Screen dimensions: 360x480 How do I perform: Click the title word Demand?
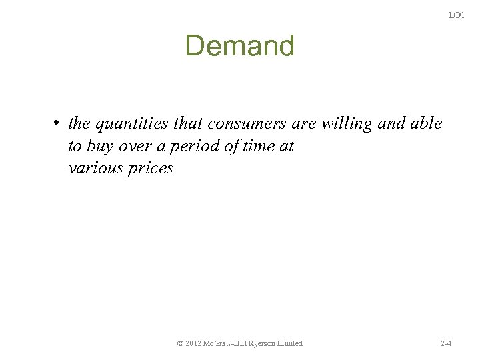coord(239,46)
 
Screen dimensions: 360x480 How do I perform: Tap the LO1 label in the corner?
coord(456,15)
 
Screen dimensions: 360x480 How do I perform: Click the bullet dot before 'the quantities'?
coord(59,124)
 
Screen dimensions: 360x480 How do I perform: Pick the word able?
coord(427,124)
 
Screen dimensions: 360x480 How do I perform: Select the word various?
coord(93,168)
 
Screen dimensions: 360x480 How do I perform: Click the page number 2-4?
coord(447,343)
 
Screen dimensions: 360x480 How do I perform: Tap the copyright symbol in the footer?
coord(181,343)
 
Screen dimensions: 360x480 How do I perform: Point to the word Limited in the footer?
coord(290,343)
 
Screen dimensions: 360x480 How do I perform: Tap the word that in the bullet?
coord(191,124)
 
